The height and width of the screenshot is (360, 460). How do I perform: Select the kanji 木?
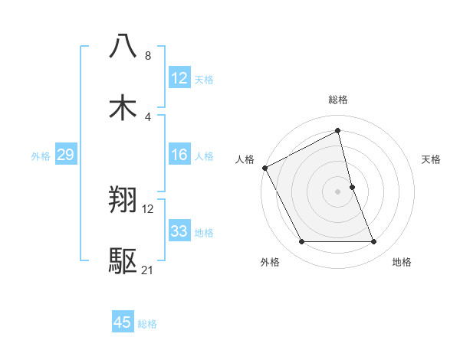[123, 109]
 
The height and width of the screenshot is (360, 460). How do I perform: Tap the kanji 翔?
[123, 201]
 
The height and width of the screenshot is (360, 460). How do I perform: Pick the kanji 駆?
[123, 262]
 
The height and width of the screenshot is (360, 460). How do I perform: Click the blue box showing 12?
[179, 78]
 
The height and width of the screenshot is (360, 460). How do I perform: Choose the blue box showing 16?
[179, 155]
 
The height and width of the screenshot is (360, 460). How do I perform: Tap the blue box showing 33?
[179, 231]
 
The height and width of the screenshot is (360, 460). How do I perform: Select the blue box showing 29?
[65, 155]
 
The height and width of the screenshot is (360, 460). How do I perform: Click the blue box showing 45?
[123, 322]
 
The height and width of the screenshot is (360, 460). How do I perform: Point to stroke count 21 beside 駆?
[148, 271]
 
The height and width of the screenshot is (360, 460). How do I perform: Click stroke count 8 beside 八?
[148, 56]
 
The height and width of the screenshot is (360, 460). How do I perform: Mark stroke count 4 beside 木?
[148, 117]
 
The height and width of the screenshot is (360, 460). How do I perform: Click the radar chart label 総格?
[338, 100]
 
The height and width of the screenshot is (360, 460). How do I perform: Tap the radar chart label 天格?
[432, 159]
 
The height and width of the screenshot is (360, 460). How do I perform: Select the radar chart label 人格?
[245, 159]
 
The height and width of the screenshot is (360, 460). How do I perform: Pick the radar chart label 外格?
[270, 262]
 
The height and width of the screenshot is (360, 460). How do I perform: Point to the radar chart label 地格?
[402, 262]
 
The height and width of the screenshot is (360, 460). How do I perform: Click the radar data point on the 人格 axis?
[265, 168]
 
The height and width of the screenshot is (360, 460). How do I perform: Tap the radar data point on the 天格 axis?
[352, 187]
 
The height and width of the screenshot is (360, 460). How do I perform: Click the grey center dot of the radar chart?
[338, 191]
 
